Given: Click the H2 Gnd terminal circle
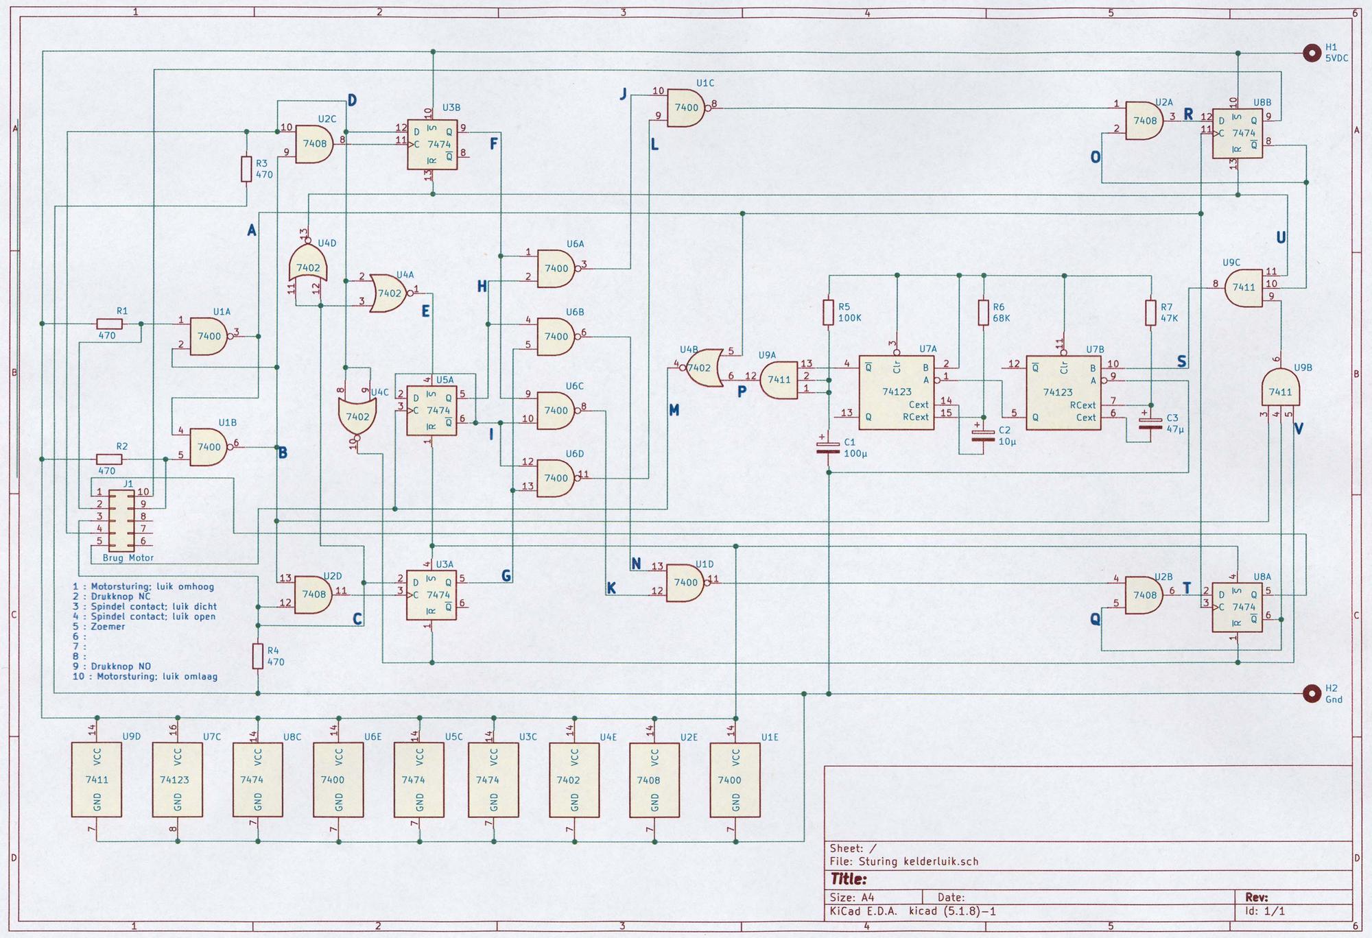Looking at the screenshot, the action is pos(1312,693).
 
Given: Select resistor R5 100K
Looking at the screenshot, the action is pos(828,313).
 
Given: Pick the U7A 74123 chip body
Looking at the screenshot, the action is pos(896,392).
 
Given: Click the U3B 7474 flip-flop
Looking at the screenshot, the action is pos(432,145).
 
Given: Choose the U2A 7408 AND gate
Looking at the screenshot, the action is pos(1144,120).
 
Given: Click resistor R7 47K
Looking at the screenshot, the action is pos(1151,313).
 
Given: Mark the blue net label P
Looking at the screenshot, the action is pos(742,392).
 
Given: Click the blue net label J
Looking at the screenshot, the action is pos(624,94).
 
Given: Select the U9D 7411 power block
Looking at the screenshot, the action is pos(97,780).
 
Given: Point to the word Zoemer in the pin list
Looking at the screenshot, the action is pos(108,626).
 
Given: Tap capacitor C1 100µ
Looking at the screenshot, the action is pos(829,448).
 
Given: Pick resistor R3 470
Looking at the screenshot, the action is pos(246,169).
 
